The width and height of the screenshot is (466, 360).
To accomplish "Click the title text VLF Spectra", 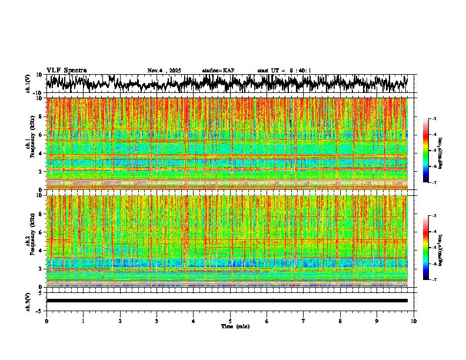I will [66, 70].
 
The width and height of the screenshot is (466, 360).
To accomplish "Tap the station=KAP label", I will [218, 71].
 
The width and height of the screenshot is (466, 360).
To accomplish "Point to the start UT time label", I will [284, 71].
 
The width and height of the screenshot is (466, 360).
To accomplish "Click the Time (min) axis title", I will [235, 326].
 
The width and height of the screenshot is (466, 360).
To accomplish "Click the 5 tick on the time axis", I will [230, 321].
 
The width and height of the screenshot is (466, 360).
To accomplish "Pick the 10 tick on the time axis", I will [414, 321].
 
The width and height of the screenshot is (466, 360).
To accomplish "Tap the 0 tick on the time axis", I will [46, 321].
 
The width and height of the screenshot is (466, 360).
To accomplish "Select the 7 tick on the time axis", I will [304, 321].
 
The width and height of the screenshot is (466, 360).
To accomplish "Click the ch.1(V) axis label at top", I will [28, 84].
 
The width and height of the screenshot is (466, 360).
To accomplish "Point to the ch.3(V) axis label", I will [28, 300].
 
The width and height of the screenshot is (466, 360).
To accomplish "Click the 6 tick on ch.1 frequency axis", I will [42, 135].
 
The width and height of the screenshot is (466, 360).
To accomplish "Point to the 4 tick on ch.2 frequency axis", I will [42, 251].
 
